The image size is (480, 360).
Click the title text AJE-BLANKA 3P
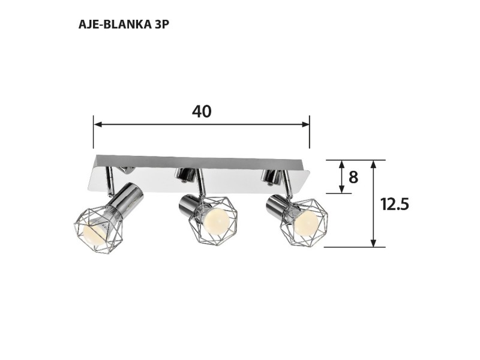coord(127,25)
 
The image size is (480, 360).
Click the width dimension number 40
coord(202,112)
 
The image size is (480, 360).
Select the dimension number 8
coord(353,177)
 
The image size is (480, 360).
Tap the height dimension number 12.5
coord(394,204)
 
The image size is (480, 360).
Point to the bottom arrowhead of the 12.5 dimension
coord(374,242)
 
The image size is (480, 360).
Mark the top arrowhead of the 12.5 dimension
coord(374,164)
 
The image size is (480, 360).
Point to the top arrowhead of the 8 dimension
coord(341,164)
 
